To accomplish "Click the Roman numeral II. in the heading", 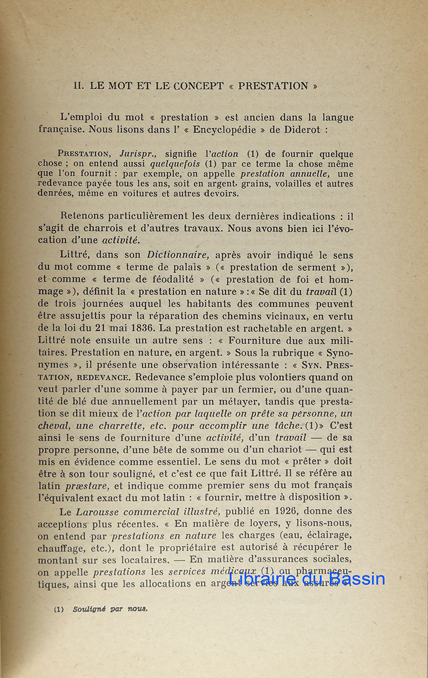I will coord(79,86).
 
